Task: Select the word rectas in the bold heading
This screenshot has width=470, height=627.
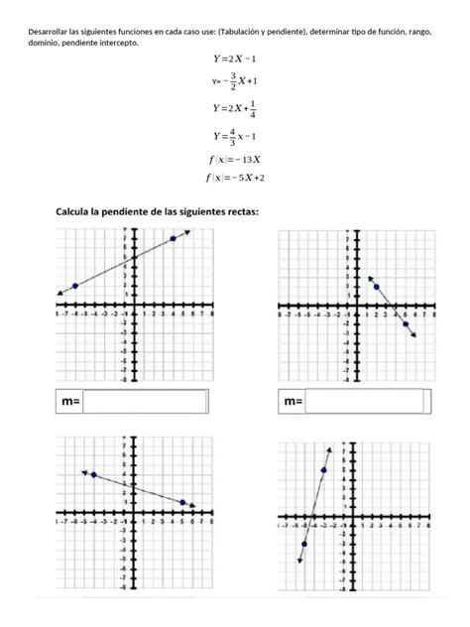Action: [238, 211]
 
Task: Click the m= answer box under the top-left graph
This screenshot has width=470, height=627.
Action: [146, 402]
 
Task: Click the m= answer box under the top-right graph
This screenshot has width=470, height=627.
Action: [369, 402]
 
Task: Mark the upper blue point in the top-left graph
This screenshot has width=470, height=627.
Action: [174, 238]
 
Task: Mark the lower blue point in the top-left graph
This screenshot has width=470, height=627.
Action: [75, 286]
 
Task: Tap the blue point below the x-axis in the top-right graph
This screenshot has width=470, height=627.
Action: [405, 323]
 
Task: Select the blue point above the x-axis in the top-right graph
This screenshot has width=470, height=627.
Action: [377, 287]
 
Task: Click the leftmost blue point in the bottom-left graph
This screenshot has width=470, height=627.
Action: [94, 474]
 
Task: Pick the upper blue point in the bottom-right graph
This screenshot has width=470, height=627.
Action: [324, 469]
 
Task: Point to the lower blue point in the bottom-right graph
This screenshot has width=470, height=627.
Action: [304, 544]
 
